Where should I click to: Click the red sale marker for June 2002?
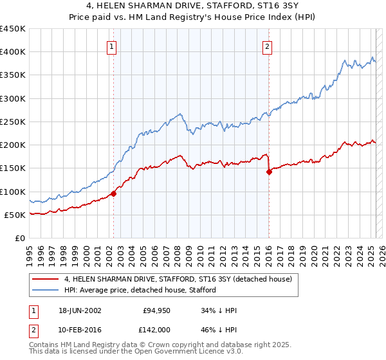[x=114, y=194]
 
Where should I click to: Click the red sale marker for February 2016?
[x=269, y=172]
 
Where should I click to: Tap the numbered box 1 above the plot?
[x=112, y=46]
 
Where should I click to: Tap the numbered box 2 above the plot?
[x=267, y=46]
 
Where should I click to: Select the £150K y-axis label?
[x=13, y=168]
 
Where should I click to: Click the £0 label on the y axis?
[x=19, y=238]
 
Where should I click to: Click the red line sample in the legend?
[x=46, y=279]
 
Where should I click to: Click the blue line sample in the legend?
[x=46, y=290]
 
